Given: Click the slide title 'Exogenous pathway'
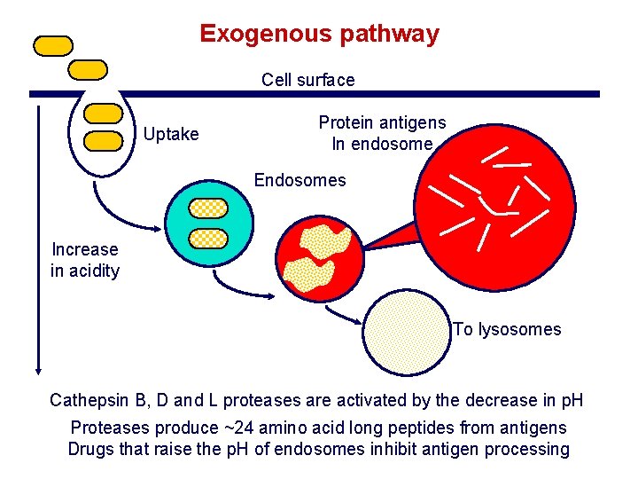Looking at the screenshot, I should point(319,34).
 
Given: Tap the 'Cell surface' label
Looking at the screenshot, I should point(307,80).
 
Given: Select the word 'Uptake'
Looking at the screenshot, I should point(172,134).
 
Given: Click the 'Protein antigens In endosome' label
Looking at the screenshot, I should point(382,133).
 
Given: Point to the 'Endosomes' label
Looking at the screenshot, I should point(300,180).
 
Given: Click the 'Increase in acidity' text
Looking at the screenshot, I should point(85,260).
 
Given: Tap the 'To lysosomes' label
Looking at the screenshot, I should point(508,329).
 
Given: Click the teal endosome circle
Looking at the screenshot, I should point(209,223).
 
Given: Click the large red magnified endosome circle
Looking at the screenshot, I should point(489,203).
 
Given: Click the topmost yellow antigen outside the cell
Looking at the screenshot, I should point(52,45).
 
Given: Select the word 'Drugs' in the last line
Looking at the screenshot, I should point(92,449).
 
